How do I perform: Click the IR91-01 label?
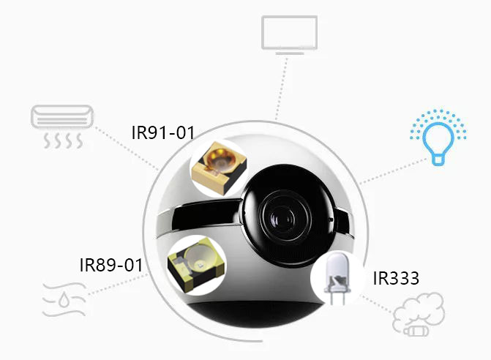tap(163, 132)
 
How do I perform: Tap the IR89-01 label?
tap(110, 264)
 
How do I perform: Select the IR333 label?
tap(396, 278)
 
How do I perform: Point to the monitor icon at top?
tap(289, 34)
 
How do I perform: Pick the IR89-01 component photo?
tap(193, 263)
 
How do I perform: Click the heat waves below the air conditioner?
tap(61, 139)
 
